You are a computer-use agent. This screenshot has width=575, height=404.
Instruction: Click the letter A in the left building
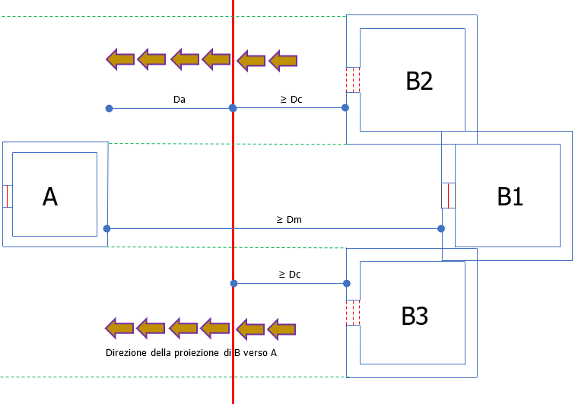49,196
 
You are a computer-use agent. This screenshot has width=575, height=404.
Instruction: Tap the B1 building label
510,196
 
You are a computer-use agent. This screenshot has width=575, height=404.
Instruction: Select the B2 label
419,81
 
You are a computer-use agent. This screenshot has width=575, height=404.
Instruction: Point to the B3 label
415,316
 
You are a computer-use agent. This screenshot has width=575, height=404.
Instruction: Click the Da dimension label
179,99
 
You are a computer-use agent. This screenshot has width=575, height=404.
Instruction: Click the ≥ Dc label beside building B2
291,99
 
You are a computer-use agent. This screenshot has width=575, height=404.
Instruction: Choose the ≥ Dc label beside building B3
290,274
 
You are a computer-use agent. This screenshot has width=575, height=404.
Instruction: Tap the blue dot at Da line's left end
110,109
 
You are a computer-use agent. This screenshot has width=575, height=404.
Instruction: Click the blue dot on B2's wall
345,108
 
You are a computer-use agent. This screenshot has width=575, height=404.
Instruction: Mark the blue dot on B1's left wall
442,228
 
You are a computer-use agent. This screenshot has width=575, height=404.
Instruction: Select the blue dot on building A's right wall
106,228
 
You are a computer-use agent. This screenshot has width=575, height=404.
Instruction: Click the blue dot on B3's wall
347,283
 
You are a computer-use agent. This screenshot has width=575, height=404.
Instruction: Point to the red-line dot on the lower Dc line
233,283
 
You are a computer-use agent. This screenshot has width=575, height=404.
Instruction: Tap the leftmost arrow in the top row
119,59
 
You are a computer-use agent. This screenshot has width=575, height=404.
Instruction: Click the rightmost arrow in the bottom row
282,329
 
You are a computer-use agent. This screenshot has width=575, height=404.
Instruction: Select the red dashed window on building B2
353,80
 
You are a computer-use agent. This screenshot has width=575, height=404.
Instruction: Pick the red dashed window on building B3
353,312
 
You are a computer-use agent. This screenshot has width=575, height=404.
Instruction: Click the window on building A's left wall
7,196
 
